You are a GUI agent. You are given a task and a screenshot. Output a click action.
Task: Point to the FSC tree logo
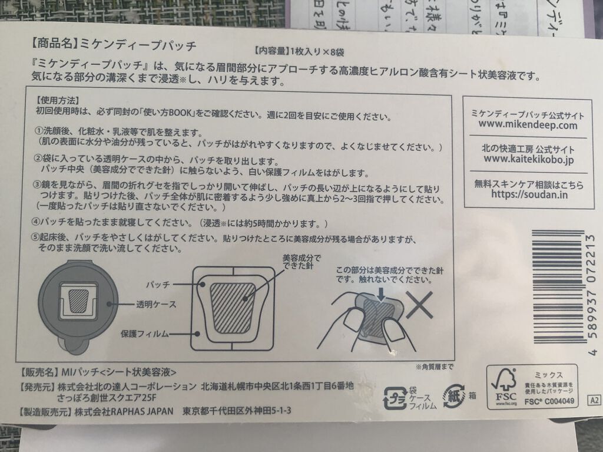tap(505, 385)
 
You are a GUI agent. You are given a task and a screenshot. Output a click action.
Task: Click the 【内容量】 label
tap(270, 51)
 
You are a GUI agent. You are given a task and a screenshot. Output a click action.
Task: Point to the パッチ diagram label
tap(157, 284)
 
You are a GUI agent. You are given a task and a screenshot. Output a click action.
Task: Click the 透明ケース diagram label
tap(151, 305)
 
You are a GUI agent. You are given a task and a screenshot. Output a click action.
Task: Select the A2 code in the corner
tap(593, 400)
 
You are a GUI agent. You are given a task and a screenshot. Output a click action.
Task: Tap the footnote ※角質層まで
tap(434, 367)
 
